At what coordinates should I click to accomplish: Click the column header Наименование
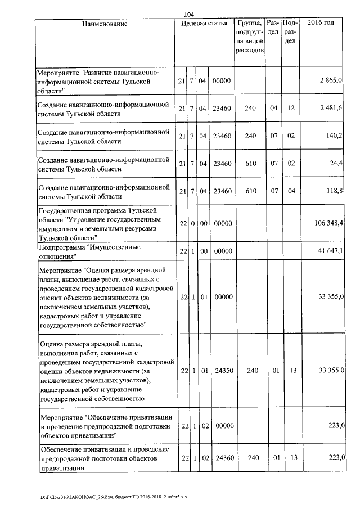105,24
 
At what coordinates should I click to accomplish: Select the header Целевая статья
204,24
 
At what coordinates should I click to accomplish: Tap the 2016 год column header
321,24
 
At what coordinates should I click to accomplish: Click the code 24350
223,371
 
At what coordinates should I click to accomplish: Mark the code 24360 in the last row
223,459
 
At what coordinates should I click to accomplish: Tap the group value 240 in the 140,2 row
251,135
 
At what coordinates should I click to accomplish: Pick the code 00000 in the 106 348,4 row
223,224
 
